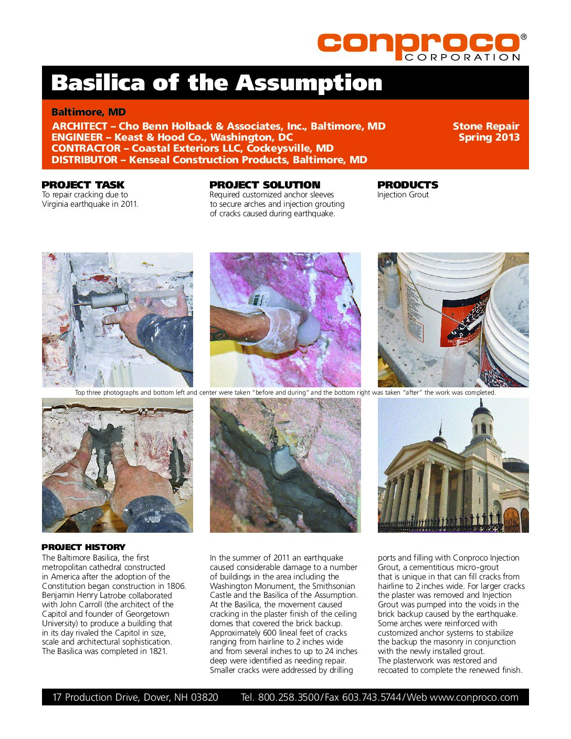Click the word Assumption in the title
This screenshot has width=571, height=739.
click(309, 83)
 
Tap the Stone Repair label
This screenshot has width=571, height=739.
click(485, 126)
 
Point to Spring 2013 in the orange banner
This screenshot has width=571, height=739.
click(489, 138)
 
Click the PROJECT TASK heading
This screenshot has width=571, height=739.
click(83, 185)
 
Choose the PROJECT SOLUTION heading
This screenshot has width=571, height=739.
click(265, 185)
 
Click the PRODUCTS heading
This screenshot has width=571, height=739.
click(407, 185)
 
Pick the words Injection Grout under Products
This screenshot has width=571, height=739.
click(403, 195)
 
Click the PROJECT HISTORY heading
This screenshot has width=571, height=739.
click(83, 547)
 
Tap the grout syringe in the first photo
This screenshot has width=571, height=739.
click(108, 301)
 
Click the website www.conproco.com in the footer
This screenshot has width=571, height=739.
click(474, 697)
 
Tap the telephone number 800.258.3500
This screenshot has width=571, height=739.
click(288, 697)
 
